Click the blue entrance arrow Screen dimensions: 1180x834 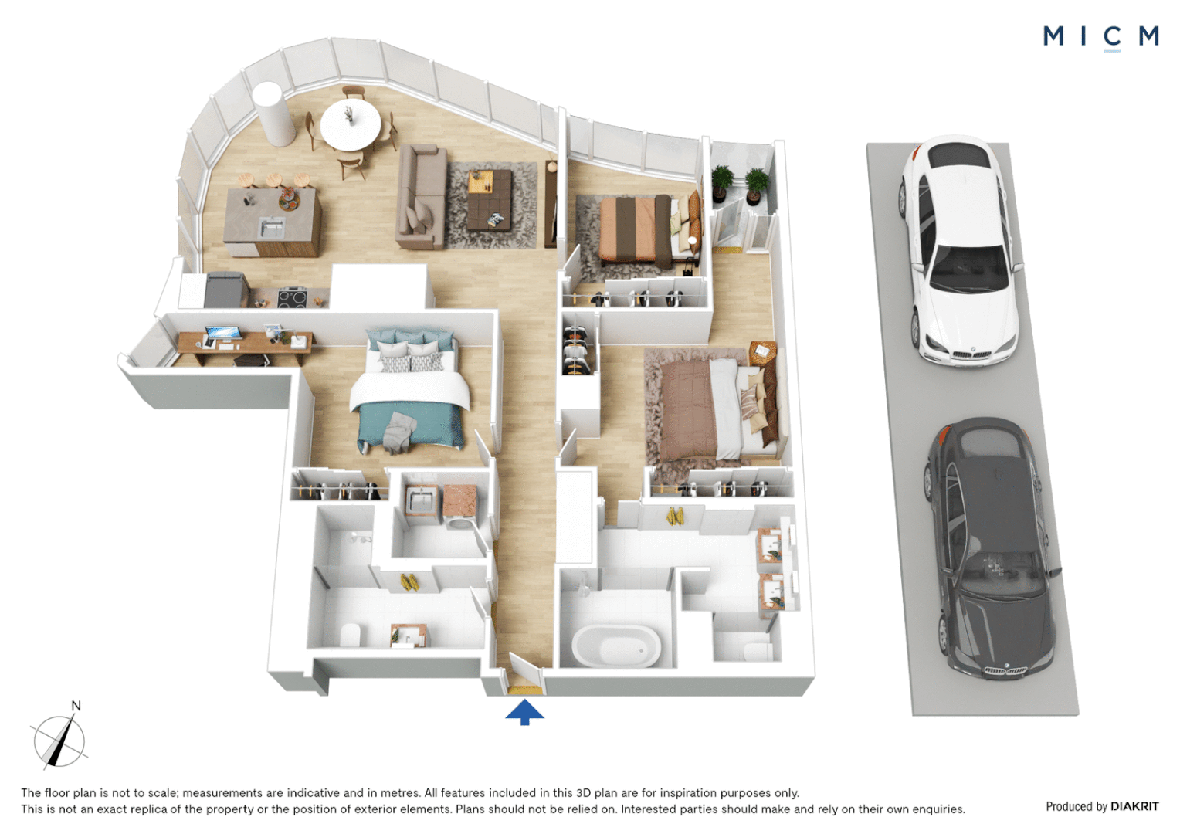click(x=524, y=712)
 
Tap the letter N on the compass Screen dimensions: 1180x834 click(x=76, y=706)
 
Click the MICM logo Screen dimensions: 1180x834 click(x=1100, y=37)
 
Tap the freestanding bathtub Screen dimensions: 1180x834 click(x=616, y=646)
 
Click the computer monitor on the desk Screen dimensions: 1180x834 click(x=224, y=334)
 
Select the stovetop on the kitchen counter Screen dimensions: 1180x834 click(x=293, y=298)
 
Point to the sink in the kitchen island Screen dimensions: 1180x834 click(x=271, y=228)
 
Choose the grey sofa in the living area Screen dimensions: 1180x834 click(x=422, y=197)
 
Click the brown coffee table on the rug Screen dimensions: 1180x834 click(x=490, y=200)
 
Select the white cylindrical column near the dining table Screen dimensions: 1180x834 click(x=273, y=114)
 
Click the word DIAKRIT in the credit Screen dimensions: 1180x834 click(x=1134, y=806)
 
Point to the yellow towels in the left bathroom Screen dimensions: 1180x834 click(x=409, y=582)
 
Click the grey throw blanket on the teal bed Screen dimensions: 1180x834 click(x=399, y=432)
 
